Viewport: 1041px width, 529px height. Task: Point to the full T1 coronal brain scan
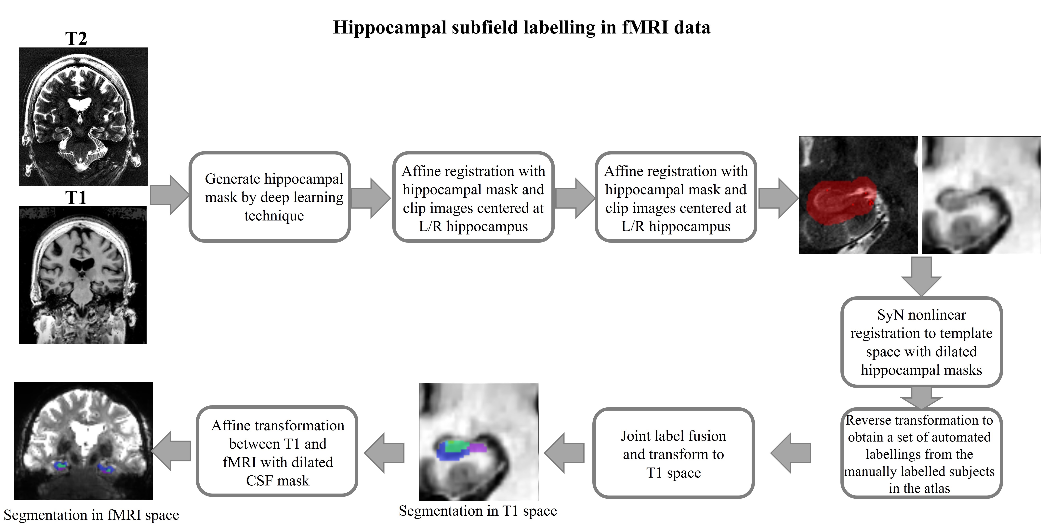pos(82,275)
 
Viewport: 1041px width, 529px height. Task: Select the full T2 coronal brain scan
pos(83,117)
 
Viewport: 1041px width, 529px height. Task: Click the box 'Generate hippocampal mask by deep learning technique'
pos(270,197)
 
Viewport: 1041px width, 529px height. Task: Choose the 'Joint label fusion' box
pos(673,453)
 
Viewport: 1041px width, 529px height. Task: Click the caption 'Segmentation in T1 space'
pos(478,511)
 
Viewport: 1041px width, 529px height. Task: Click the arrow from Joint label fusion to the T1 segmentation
pos(564,453)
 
